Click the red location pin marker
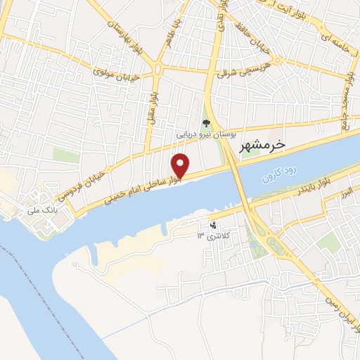click(x=181, y=165)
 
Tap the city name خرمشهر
click(x=263, y=146)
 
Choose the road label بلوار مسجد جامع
click(x=346, y=98)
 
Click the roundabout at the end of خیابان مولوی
click(x=157, y=69)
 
